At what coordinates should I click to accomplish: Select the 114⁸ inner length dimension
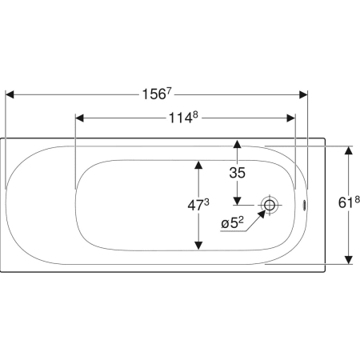click(184, 118)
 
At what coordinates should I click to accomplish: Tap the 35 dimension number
click(237, 173)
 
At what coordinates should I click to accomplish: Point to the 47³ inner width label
click(198, 205)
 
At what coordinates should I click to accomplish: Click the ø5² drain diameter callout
click(232, 222)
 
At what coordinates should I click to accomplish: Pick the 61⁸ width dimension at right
click(349, 202)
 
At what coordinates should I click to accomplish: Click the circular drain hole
click(270, 205)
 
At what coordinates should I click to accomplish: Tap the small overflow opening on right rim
click(304, 205)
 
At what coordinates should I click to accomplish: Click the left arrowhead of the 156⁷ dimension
click(10, 94)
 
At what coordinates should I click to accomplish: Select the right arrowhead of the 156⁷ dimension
click(303, 94)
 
